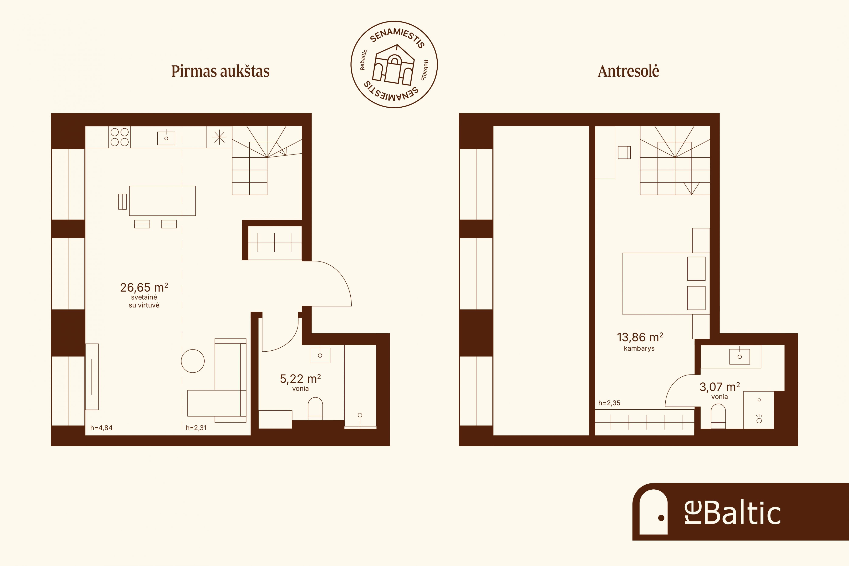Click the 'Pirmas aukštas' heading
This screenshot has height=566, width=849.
coord(220,71)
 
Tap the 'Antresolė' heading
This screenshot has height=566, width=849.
coord(628,71)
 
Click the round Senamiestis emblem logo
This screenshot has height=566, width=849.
coord(394,64)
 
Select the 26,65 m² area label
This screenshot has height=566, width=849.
coord(144,287)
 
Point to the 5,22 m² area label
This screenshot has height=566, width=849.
coord(300,379)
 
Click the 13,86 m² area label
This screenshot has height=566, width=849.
coord(640,337)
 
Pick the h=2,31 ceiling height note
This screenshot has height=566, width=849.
coord(196,428)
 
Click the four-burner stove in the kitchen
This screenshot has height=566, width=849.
coord(119,137)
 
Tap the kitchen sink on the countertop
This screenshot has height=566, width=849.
coord(166,138)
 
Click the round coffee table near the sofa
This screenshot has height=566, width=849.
coord(193,361)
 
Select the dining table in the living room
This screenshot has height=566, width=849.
coord(162,201)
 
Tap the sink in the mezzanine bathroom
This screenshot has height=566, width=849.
coord(740,357)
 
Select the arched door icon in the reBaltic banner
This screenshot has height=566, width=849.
coord(653,511)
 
